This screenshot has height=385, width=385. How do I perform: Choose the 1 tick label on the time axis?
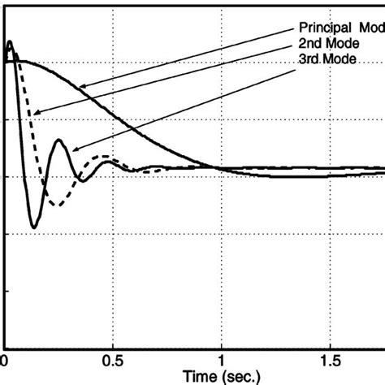coord(222,358)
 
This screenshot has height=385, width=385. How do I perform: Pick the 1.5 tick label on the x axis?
coord(330,358)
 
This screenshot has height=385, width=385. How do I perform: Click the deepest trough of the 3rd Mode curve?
coord(33,227)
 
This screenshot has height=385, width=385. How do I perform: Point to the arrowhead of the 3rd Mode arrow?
coord(71,150)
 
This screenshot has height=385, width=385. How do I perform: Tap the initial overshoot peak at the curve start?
coord(9,41)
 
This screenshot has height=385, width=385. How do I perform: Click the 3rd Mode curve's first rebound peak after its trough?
coord(60,141)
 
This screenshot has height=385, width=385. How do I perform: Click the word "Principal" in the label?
coord(322,24)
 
